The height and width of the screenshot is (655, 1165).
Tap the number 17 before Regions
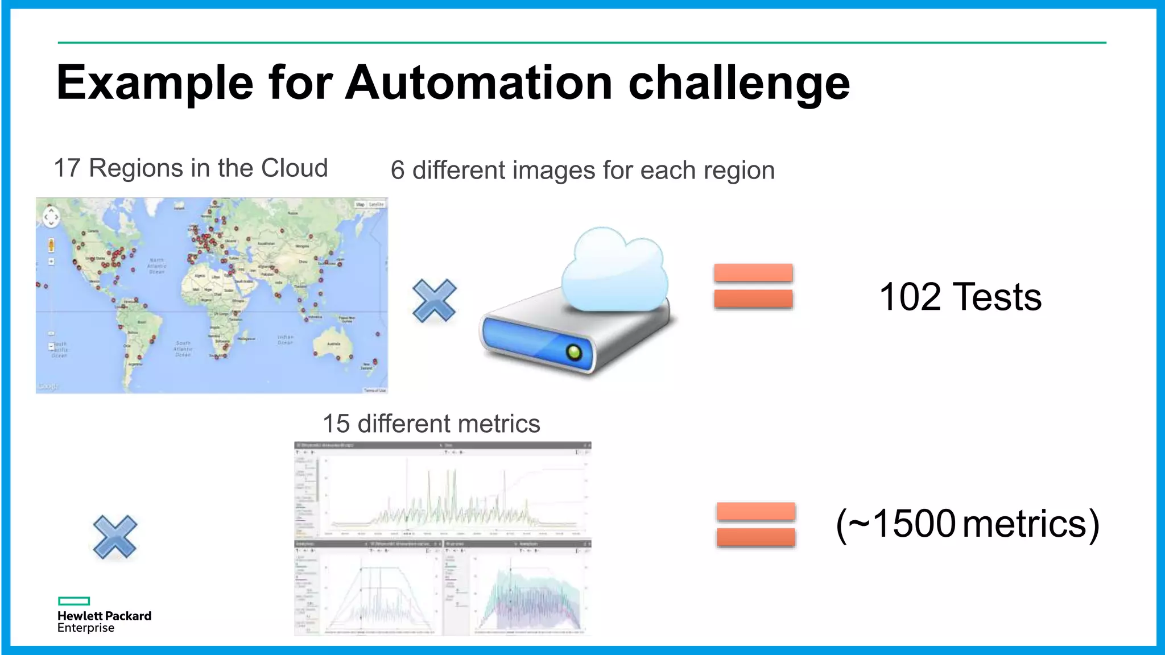click(67, 168)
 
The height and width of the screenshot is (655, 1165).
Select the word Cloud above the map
click(294, 168)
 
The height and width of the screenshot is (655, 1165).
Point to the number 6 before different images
click(397, 171)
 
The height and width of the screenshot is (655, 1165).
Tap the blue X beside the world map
click(435, 300)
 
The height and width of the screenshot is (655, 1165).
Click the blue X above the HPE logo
click(115, 537)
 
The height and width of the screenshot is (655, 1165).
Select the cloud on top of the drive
click(614, 270)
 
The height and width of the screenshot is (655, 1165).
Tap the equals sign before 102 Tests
click(753, 286)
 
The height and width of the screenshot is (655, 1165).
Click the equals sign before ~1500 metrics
click(755, 524)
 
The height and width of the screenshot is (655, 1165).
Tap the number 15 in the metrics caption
click(336, 424)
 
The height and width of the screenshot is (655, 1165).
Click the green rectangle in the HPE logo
click(74, 601)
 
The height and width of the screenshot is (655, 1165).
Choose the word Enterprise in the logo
click(86, 628)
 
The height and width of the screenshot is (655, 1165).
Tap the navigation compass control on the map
click(51, 217)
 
